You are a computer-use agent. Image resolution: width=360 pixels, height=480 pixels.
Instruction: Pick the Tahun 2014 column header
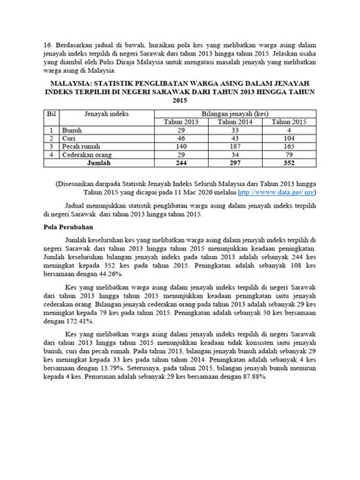point(235,122)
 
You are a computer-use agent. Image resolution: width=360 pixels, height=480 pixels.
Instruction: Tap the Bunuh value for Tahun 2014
point(235,130)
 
